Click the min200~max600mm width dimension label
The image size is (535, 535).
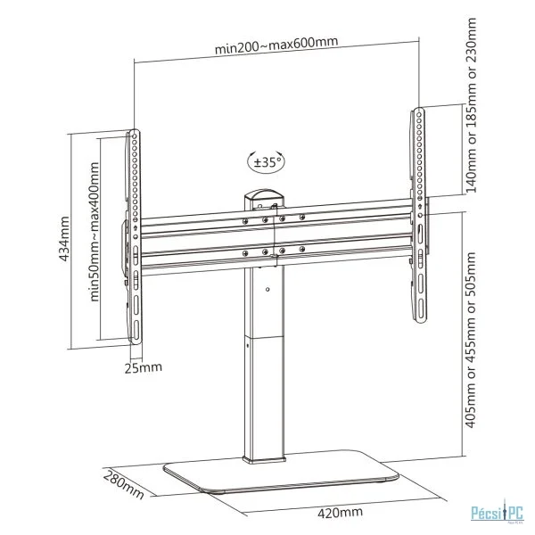(276, 45)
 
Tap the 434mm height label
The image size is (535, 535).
(64, 239)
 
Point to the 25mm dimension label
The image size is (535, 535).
(143, 367)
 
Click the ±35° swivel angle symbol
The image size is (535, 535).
(266, 161)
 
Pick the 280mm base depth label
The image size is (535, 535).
(123, 484)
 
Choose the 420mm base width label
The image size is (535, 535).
(340, 512)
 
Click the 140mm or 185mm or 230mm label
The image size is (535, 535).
(471, 105)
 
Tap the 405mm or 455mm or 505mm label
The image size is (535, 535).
(471, 340)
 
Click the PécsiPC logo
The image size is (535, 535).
(497, 514)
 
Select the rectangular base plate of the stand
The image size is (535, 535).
(281, 472)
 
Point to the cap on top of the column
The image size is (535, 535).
(264, 198)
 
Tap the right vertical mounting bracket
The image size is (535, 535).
(419, 215)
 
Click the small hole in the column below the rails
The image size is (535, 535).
(267, 289)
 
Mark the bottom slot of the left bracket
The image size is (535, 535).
(136, 330)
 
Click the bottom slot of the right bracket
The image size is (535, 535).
(421, 309)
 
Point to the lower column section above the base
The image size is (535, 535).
(264, 400)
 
